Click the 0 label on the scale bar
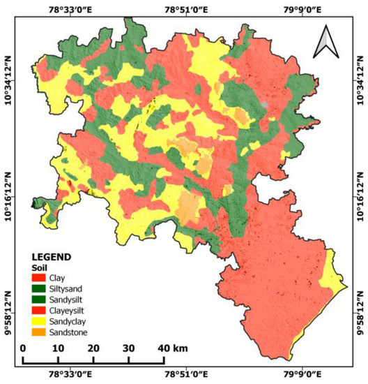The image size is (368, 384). [x=23, y=348]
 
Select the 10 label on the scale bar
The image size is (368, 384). [x=58, y=348]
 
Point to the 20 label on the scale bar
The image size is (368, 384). [x=93, y=348]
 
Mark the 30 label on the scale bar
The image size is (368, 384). [x=128, y=348]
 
